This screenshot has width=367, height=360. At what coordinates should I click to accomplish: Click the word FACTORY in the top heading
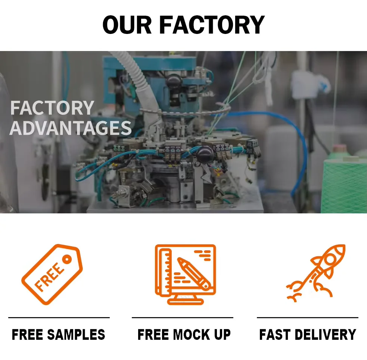212,25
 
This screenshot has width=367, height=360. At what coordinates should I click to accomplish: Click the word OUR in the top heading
127,25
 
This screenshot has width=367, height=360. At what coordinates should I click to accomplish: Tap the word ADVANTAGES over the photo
71,128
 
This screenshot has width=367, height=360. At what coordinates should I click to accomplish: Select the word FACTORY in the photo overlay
52,108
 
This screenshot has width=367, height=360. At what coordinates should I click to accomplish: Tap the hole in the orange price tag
67,259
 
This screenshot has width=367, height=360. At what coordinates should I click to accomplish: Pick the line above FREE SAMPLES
59,318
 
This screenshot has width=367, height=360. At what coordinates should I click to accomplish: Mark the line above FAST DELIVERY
308,318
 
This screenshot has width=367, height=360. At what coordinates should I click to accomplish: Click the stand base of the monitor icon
186,301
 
